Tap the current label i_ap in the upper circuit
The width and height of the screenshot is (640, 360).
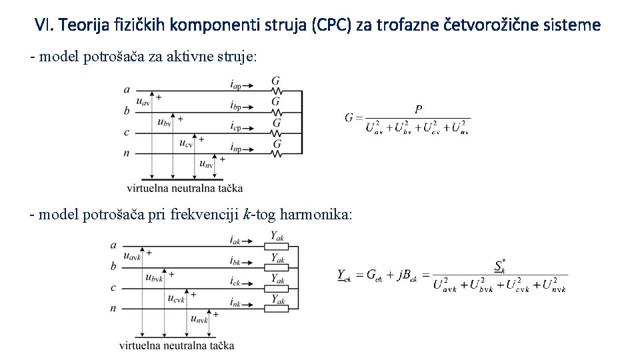click(235, 85)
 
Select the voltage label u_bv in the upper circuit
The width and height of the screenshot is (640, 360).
click(164, 122)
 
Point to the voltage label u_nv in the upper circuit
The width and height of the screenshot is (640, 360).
click(206, 164)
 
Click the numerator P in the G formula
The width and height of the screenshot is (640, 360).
click(418, 109)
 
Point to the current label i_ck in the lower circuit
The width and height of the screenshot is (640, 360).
click(235, 281)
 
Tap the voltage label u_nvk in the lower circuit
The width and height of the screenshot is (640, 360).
click(199, 320)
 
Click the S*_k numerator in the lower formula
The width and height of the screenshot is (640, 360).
click(500, 265)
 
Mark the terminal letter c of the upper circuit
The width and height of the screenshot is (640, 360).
click(127, 132)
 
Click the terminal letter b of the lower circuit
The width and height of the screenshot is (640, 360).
click(113, 266)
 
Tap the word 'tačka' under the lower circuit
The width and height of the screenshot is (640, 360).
click(221, 345)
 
